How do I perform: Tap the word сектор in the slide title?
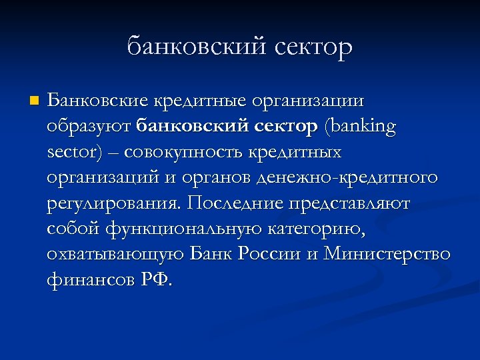[308, 47]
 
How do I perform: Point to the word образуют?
[89, 127]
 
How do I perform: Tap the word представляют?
[353, 203]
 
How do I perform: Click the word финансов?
[90, 279]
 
